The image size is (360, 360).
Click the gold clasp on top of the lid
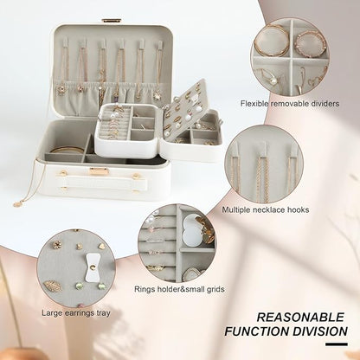click(x=112, y=21)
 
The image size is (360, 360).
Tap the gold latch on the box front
click(x=99, y=171)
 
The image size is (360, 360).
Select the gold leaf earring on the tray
click(x=55, y=285)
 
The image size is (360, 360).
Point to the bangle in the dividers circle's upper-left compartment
click(x=271, y=42)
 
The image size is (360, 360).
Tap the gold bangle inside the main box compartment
click(x=66, y=150)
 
